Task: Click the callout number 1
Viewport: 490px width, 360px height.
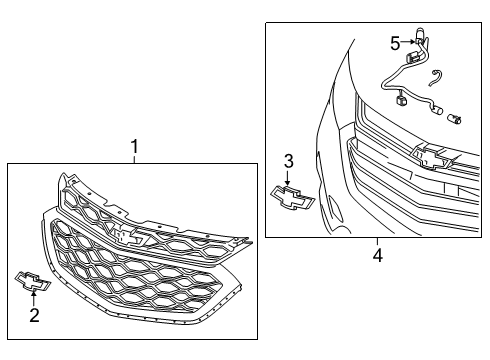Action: pos(134,146)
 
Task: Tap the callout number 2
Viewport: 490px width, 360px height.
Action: pos(34,315)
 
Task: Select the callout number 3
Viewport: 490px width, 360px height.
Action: pos(289,161)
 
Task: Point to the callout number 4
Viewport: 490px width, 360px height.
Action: pos(378,256)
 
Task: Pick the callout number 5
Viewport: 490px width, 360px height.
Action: pos(395,44)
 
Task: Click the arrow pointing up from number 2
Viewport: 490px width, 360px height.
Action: pos(34,298)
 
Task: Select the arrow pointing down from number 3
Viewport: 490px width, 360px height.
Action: pos(287,178)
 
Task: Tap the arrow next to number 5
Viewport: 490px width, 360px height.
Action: pos(408,42)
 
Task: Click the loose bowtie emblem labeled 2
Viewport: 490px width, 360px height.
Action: pos(33,282)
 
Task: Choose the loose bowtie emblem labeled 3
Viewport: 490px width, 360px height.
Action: pos(292,198)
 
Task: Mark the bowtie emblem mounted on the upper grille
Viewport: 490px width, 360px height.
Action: pos(129,236)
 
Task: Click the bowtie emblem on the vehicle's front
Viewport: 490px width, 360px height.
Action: pos(431,157)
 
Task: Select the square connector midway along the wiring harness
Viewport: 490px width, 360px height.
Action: pos(400,100)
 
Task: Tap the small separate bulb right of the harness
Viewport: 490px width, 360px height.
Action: pos(455,118)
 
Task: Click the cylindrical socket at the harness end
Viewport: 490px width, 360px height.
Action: pos(437,110)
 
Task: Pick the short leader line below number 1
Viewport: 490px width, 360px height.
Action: pos(134,159)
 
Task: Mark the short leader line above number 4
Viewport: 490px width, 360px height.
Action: pos(377,242)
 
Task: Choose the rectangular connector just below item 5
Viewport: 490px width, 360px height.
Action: pos(412,57)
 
